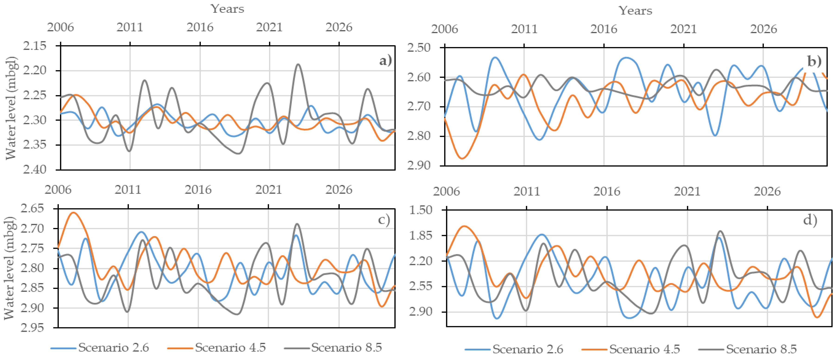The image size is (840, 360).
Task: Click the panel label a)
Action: (x=385, y=61)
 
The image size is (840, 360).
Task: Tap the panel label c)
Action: (x=384, y=220)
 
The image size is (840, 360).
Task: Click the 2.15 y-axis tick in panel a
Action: (x=35, y=46)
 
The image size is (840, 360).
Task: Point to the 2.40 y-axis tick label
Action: (x=35, y=170)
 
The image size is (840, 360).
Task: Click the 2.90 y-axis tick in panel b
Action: (x=419, y=165)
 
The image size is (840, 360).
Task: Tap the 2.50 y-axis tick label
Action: (x=419, y=48)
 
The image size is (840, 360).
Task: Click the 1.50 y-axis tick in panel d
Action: (x=421, y=210)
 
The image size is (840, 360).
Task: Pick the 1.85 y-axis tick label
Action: (x=421, y=235)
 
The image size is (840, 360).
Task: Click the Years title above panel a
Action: (x=227, y=9)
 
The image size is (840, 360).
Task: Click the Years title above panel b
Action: (x=635, y=11)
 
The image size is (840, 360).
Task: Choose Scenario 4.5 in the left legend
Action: (x=230, y=348)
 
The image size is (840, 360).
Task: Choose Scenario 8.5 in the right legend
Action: (x=761, y=349)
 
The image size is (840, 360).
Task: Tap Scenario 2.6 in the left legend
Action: (x=113, y=348)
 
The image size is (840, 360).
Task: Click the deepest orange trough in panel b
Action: (x=462, y=158)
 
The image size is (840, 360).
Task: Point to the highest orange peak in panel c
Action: (x=73, y=213)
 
